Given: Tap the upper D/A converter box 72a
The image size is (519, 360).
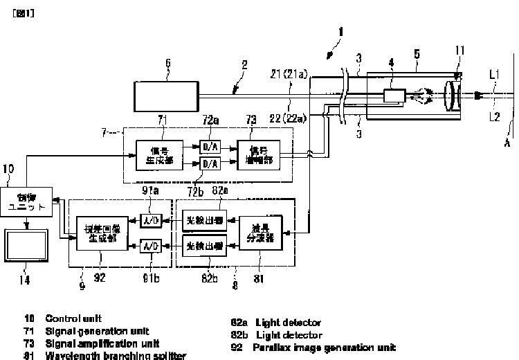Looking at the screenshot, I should tap(209, 146).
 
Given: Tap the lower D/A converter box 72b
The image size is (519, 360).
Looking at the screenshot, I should tap(209, 163).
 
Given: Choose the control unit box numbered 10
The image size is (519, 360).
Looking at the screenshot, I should tap(26, 201).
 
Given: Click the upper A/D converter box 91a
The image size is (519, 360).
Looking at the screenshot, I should tap(150, 221).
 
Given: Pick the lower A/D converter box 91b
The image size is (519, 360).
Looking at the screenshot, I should tap(150, 245).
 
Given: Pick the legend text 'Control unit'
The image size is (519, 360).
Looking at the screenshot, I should tap(73, 318).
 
